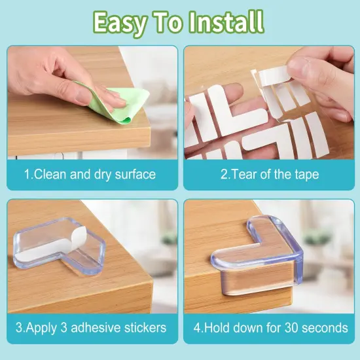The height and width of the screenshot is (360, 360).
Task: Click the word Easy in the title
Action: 120,22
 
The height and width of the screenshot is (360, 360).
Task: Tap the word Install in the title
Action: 226,22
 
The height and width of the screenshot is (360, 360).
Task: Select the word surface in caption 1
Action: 134,174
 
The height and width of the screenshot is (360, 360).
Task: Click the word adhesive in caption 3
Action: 99,327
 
